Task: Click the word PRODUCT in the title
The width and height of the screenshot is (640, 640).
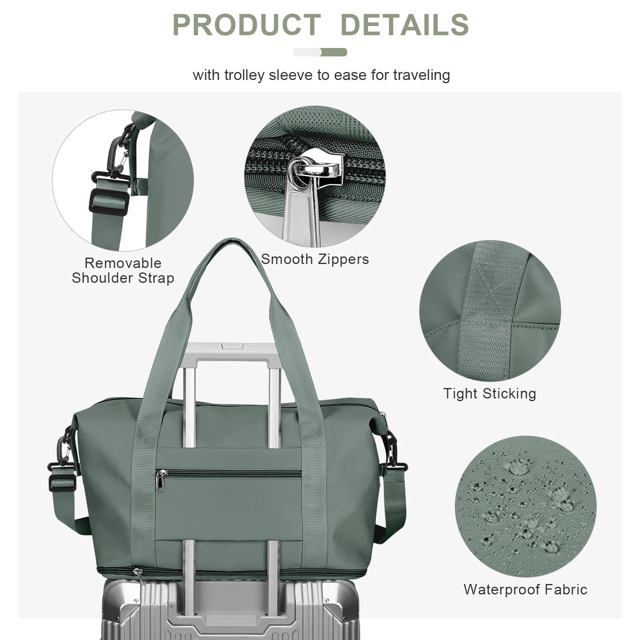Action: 246,25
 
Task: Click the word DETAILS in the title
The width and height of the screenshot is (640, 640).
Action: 404,25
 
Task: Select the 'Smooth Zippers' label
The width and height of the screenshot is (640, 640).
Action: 315,259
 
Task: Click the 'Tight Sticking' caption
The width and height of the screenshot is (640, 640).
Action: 490,394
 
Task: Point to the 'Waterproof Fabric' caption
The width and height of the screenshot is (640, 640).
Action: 525,589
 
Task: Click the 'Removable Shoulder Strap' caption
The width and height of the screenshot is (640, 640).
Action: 123,271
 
